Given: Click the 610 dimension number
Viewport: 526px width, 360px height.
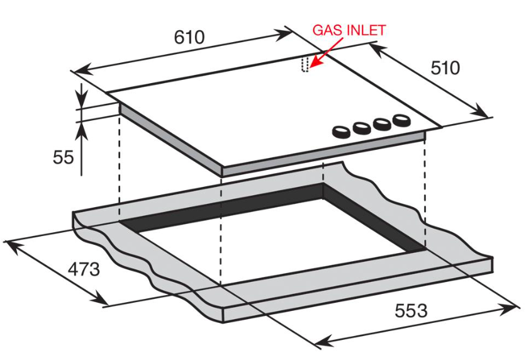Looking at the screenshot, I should pyautogui.click(x=189, y=37).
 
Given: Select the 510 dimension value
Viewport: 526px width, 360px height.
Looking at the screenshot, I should pyautogui.click(x=445, y=67).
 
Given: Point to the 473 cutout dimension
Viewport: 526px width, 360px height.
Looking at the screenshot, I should pyautogui.click(x=84, y=269).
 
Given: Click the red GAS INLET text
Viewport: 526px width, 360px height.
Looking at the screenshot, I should pyautogui.click(x=349, y=30).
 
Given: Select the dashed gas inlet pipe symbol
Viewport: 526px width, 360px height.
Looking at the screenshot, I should pyautogui.click(x=305, y=65).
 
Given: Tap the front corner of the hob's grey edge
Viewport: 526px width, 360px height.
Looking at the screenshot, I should pyautogui.click(x=223, y=171).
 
